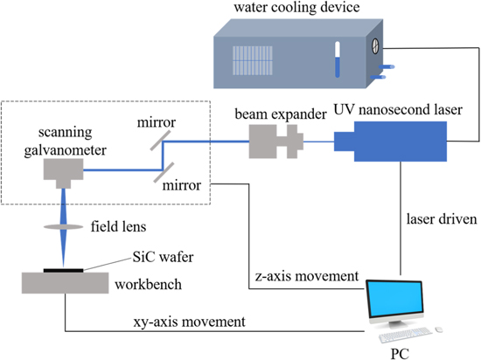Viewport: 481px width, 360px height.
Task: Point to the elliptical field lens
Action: click(65, 227)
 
